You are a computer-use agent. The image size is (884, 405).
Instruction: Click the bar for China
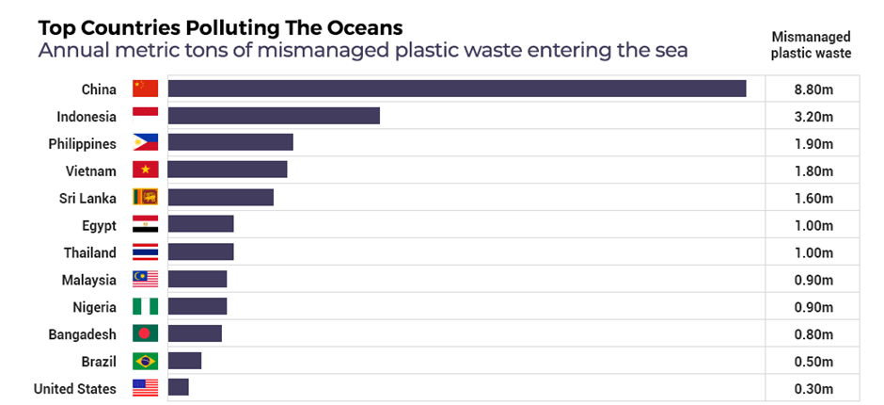[x=456, y=89]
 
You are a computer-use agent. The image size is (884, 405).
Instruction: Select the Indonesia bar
[x=274, y=116]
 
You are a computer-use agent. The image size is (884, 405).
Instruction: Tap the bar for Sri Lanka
[x=220, y=198]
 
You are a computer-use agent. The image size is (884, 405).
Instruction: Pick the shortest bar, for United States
[x=178, y=388]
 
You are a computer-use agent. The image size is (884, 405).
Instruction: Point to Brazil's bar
[x=184, y=361]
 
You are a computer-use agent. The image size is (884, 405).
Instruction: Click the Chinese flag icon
[x=145, y=89]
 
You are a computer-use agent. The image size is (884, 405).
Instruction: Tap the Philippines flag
[x=145, y=143]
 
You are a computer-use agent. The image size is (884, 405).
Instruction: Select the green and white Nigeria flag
[x=145, y=307]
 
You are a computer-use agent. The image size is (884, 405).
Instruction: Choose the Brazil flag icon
[x=145, y=361]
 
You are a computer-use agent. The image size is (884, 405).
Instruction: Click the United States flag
[x=145, y=388]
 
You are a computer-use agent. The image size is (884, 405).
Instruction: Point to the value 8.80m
[x=813, y=89]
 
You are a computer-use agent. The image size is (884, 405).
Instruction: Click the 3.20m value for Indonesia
[x=813, y=117]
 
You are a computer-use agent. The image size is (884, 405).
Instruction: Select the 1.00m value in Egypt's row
[x=813, y=226]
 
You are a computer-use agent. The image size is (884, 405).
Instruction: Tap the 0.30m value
[x=813, y=389]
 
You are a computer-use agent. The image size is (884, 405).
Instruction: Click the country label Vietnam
[x=91, y=171]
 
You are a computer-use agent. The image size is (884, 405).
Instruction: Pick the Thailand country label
[x=89, y=252]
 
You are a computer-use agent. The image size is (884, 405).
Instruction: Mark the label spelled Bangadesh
[x=82, y=334]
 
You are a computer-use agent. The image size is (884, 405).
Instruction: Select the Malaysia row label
[x=89, y=280]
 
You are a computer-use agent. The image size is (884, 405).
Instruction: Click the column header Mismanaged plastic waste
[x=811, y=45]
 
